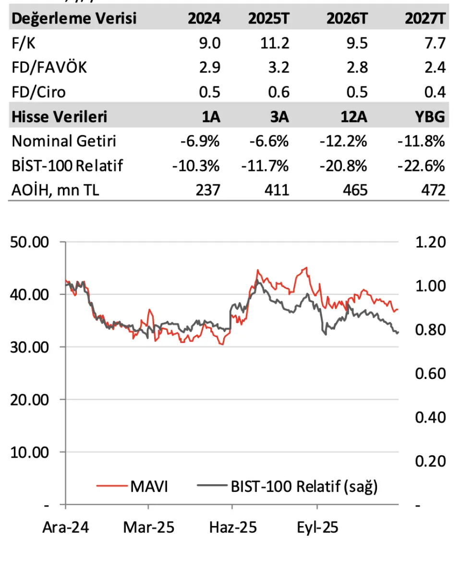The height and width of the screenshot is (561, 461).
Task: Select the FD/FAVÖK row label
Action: [49, 67]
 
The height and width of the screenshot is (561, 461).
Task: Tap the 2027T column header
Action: [425, 19]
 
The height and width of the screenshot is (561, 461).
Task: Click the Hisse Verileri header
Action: [60, 116]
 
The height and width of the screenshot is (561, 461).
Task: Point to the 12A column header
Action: [354, 116]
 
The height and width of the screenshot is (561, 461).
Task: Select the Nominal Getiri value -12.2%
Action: [344, 141]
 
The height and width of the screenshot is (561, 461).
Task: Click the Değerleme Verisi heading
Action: [74, 19]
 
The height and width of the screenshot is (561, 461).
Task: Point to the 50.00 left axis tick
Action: [30, 242]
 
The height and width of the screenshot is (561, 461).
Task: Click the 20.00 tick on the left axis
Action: [30, 400]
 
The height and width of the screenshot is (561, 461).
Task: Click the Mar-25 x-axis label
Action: [148, 528]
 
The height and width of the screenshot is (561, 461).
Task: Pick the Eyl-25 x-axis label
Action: [317, 528]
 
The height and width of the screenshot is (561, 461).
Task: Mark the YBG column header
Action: [431, 116]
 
